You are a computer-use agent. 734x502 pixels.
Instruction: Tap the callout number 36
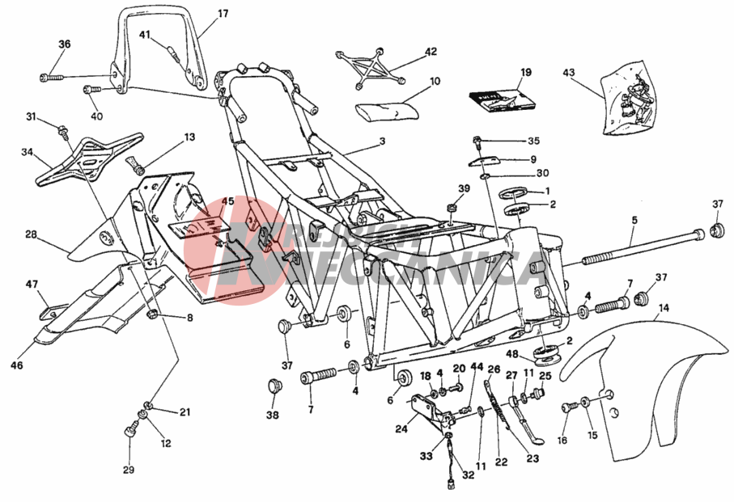point(65,44)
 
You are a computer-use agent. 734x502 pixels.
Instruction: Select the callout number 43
point(569,73)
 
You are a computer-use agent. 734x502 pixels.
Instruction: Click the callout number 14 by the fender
point(663,307)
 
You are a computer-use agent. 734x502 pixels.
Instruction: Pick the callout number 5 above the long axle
point(634,220)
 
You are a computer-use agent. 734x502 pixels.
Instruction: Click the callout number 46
point(17,365)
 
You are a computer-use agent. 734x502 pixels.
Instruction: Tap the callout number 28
point(31,234)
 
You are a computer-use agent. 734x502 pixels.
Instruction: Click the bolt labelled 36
point(50,78)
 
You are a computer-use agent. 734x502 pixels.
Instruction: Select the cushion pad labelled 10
point(388,109)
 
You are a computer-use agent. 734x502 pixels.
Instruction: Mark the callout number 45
point(227,202)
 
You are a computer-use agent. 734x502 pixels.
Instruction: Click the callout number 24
point(401,429)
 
